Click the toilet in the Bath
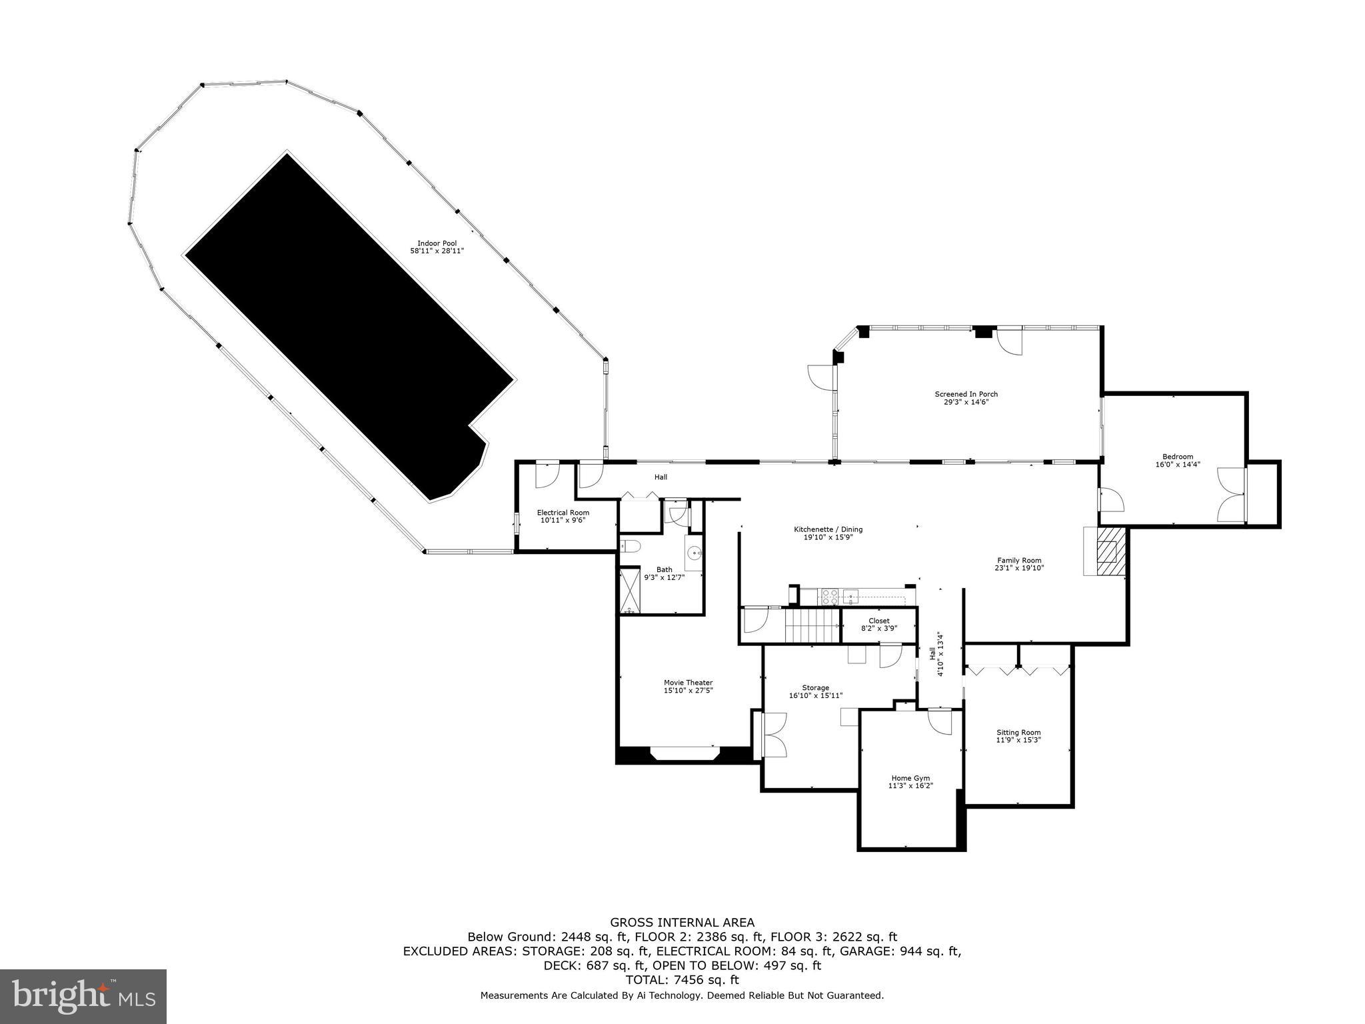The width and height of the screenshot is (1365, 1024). pyautogui.click(x=631, y=547)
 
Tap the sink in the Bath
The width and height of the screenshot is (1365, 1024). pyautogui.click(x=694, y=553)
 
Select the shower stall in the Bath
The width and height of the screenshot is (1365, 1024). pyautogui.click(x=629, y=589)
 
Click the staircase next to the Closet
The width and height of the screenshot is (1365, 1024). pyautogui.click(x=812, y=626)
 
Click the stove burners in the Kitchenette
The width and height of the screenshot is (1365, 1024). pyautogui.click(x=829, y=596)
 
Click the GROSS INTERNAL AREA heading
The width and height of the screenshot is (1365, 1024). pyautogui.click(x=682, y=923)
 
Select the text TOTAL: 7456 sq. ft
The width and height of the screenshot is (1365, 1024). pyautogui.click(x=682, y=980)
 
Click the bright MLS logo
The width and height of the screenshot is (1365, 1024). pyautogui.click(x=83, y=997)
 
